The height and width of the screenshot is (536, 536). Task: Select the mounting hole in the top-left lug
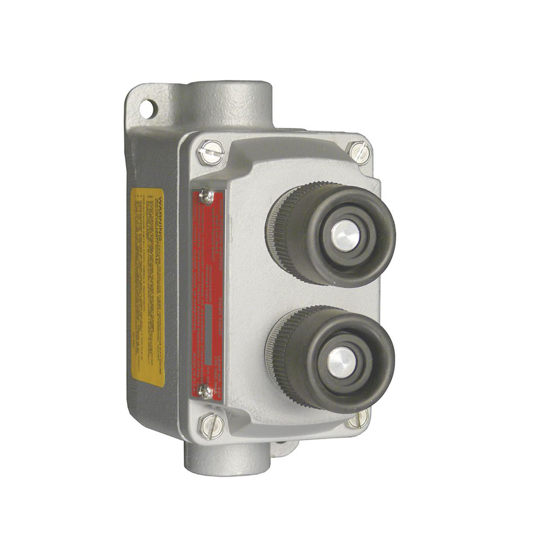pos(145,109)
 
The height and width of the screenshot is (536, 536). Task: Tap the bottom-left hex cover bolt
pos(209,426)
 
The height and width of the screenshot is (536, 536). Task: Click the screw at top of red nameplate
pos(206,196)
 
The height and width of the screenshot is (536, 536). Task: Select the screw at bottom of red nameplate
pos(205,391)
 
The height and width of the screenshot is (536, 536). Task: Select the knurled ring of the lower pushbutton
pos(279,354)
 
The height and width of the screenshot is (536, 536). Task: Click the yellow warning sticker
pos(148,287)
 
